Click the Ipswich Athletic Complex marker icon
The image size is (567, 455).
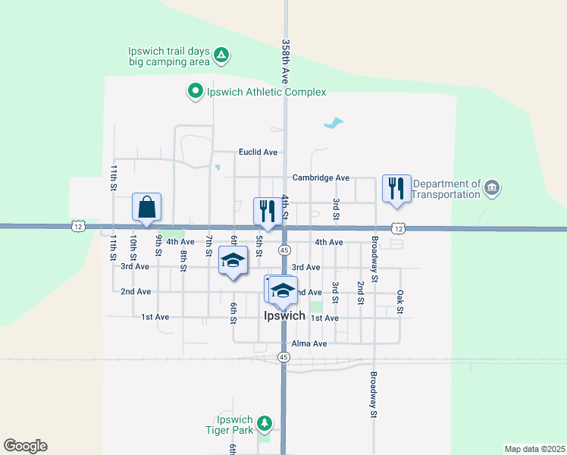[x=195, y=92]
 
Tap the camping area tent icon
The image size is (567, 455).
[x=221, y=55]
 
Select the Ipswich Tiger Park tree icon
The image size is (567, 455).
[x=264, y=422]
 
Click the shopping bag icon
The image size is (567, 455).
[x=146, y=206]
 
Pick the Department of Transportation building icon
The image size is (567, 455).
[x=492, y=187]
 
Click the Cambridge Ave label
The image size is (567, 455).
[x=321, y=177]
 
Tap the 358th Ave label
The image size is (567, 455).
[x=286, y=61]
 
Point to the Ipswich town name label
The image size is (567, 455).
[x=284, y=315]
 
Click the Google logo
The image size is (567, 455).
[x=25, y=446]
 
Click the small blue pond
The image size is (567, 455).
[x=333, y=121]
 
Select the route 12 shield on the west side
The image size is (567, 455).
[x=78, y=226]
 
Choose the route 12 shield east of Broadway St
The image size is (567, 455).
[x=398, y=227]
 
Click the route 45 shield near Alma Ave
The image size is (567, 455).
[x=283, y=356]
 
